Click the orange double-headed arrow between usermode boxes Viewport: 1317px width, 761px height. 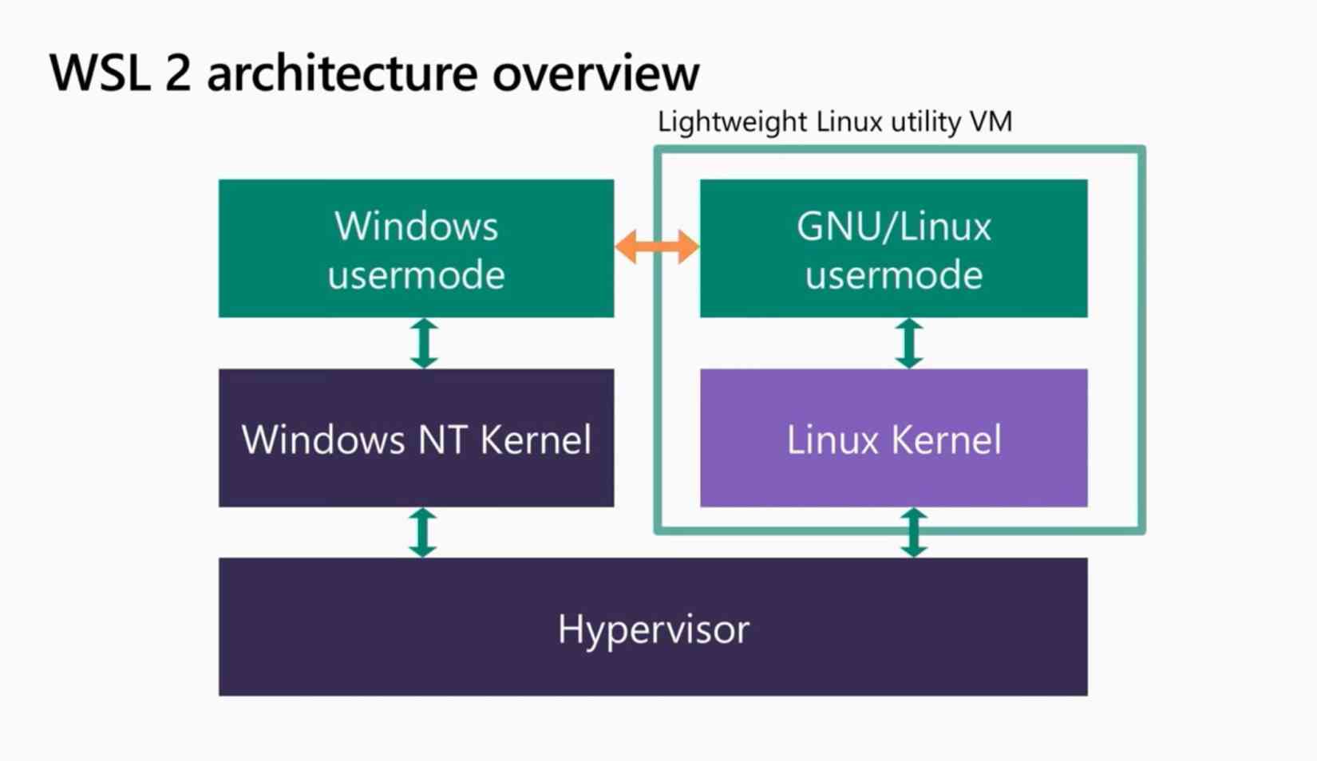(657, 246)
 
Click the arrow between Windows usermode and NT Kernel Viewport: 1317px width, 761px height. (424, 343)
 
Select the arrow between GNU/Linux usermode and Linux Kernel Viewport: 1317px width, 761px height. (908, 343)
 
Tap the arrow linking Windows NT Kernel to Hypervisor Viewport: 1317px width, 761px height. (423, 532)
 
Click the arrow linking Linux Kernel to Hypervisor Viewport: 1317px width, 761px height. (914, 532)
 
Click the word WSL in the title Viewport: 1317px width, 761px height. (99, 73)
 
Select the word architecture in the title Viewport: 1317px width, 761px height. (342, 73)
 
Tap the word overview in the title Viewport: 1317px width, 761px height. (595, 73)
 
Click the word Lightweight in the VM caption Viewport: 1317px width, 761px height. (732, 122)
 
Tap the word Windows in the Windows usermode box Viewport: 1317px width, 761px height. (416, 227)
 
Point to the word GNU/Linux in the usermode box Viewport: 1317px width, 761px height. (893, 227)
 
